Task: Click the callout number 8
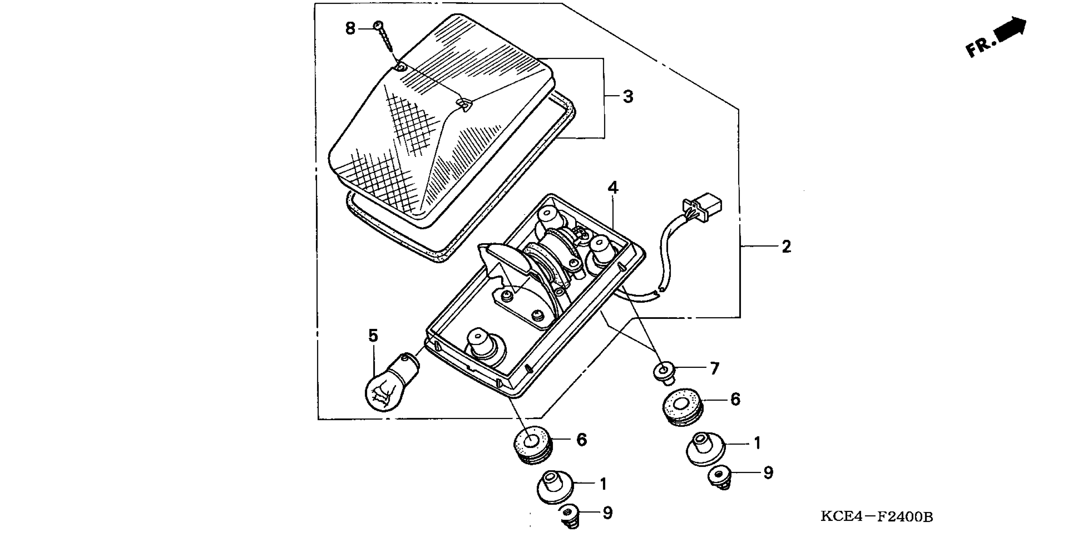point(350,29)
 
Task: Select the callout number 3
point(628,97)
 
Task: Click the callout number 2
point(786,247)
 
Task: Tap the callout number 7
point(714,368)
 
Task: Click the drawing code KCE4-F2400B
point(877,517)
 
